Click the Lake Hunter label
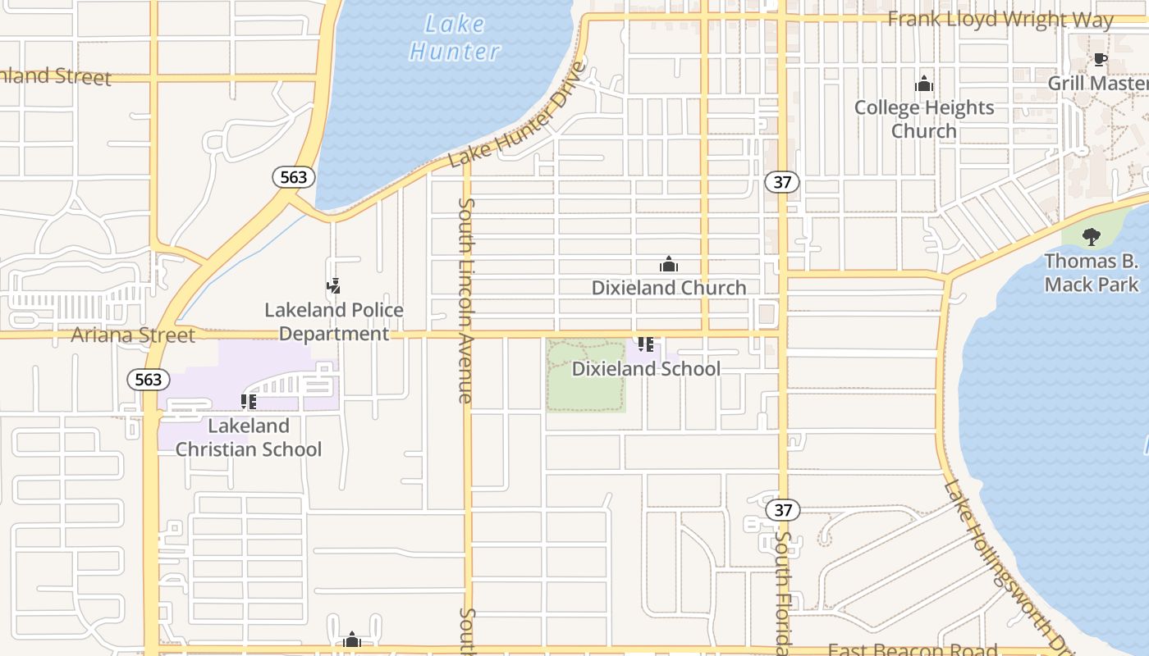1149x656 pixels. (x=454, y=38)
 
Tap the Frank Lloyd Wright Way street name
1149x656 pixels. (x=1000, y=19)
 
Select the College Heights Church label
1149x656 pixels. (x=924, y=119)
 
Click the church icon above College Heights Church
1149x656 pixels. (x=924, y=84)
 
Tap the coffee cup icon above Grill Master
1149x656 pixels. (x=1100, y=59)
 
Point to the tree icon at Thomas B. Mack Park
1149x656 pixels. (x=1091, y=237)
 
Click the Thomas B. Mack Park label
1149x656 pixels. (x=1092, y=273)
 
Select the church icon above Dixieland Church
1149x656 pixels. (x=669, y=264)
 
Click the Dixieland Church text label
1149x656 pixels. (x=669, y=288)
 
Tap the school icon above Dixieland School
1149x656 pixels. (x=646, y=344)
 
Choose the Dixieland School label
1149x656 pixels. (x=646, y=369)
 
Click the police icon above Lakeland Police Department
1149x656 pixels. (x=333, y=286)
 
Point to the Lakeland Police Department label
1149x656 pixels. (x=334, y=322)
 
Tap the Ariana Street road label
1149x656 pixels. (x=133, y=335)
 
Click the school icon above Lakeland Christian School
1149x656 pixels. (x=248, y=402)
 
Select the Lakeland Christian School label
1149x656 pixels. (x=249, y=438)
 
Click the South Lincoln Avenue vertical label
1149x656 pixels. (x=466, y=300)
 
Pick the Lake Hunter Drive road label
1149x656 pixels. (x=520, y=115)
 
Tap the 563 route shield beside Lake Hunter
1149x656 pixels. (x=293, y=177)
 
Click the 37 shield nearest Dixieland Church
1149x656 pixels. (x=782, y=182)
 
